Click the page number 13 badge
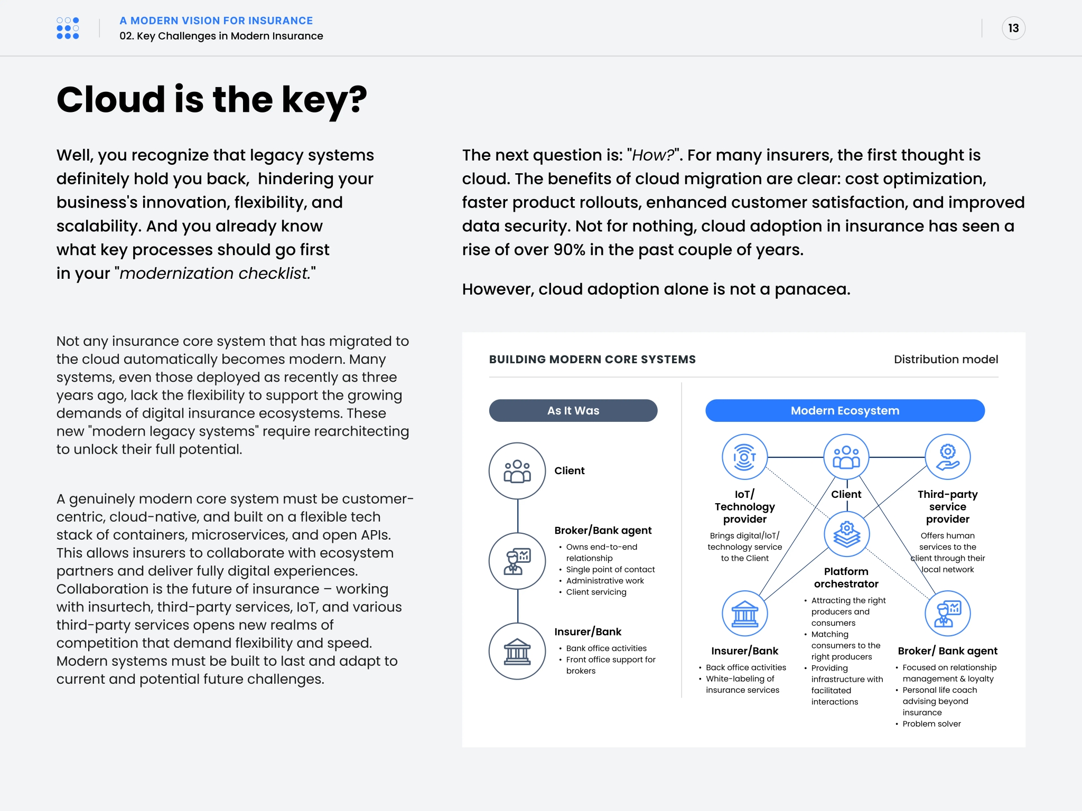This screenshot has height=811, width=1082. pos(1013,29)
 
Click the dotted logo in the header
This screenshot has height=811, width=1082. pos(68,29)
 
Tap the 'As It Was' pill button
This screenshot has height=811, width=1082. pos(573,411)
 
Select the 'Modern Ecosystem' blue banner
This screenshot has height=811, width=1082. pos(844,411)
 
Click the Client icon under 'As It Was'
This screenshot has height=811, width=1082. pos(517,471)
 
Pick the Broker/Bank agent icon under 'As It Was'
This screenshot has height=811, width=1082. pos(517,561)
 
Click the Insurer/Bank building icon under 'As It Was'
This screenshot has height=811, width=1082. pos(517,651)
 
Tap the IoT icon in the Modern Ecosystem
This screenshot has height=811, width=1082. pos(744,457)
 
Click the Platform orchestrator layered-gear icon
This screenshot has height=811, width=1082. pos(846,534)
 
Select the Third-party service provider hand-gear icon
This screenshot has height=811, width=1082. pos(947,457)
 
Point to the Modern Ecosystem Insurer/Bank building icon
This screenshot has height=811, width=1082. pos(744,614)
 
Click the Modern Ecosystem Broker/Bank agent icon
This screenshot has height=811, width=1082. pos(947,614)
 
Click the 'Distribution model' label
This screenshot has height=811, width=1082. pos(946,360)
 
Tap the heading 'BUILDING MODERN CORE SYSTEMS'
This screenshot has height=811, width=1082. pos(592,360)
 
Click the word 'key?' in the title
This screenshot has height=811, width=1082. pos(324,100)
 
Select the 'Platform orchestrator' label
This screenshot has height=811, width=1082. pos(846,578)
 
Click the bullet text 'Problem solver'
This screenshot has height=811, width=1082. pos(931,724)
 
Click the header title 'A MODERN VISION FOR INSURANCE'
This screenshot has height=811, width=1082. pos(216,21)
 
